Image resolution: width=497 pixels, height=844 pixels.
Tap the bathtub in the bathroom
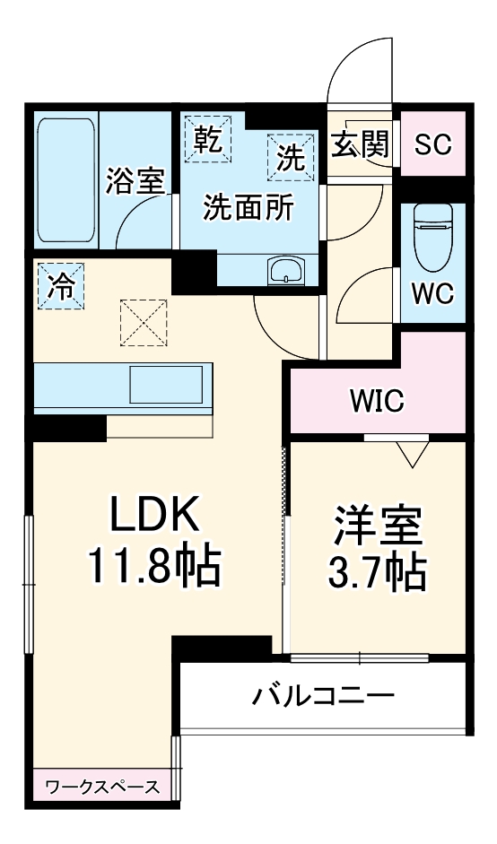click(x=66, y=180)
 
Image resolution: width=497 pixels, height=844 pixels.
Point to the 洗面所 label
click(x=248, y=208)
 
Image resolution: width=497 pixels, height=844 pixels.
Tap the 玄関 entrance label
click(x=361, y=144)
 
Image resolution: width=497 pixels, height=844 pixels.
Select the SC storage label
click(x=432, y=145)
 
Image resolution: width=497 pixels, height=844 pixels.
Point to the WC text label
click(x=432, y=293)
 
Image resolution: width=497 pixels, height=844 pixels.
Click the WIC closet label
click(x=377, y=399)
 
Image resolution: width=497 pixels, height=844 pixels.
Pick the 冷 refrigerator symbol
click(x=60, y=285)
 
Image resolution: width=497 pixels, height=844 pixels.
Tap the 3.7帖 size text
click(x=378, y=572)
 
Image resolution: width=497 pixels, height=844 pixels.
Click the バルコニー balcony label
click(x=323, y=695)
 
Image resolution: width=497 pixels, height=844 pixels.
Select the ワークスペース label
click(x=102, y=787)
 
